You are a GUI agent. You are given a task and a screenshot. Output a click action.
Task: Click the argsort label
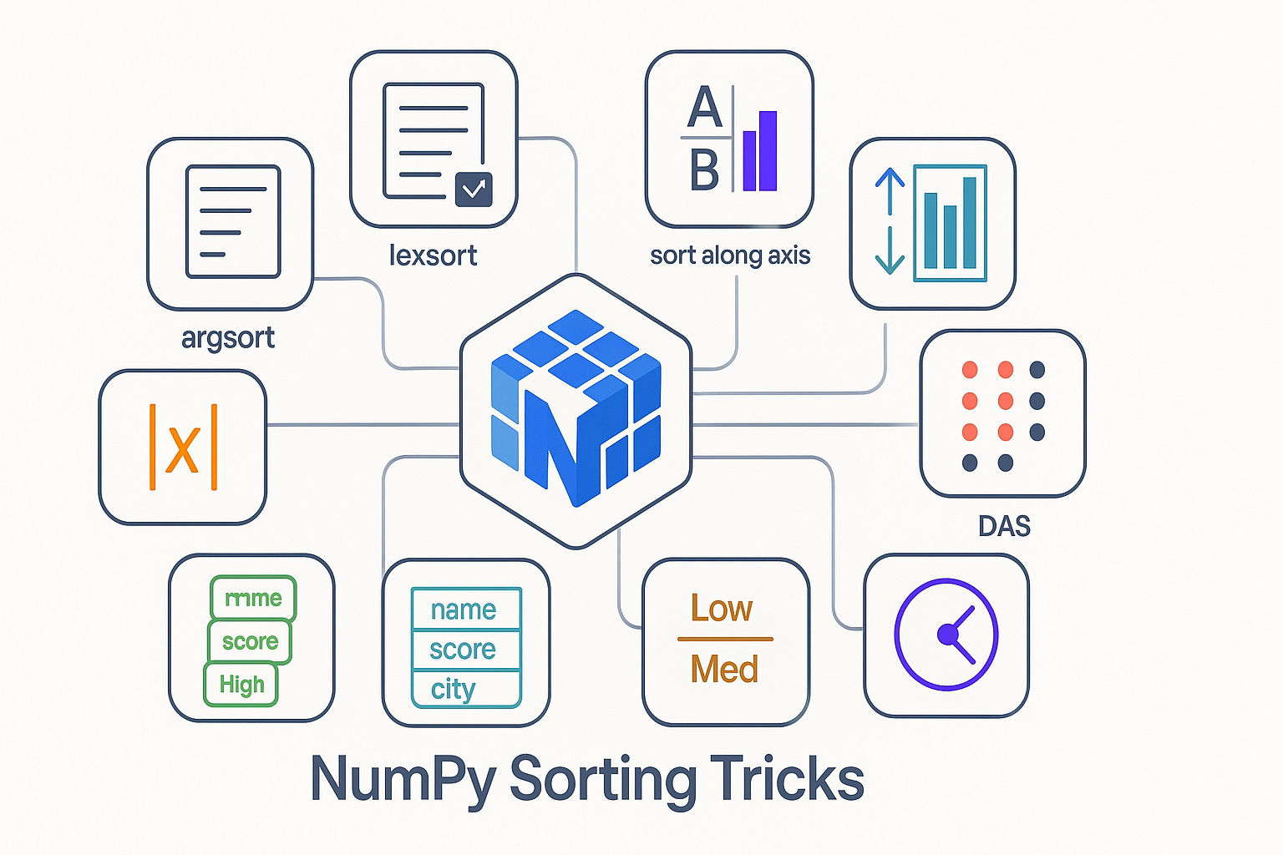(x=228, y=338)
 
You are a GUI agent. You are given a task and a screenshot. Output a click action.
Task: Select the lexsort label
(x=433, y=255)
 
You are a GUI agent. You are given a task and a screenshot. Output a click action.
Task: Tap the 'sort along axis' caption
(x=730, y=255)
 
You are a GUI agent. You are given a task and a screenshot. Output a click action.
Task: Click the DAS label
(x=1004, y=526)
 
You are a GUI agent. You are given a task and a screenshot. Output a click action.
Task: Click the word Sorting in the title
(x=603, y=780)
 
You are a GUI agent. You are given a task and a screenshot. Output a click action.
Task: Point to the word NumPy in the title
(x=403, y=780)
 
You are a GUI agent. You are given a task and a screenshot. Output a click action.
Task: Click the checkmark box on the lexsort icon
(x=474, y=190)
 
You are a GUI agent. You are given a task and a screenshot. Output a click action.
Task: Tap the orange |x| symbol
(x=183, y=448)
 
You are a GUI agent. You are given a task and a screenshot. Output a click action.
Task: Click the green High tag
(x=241, y=685)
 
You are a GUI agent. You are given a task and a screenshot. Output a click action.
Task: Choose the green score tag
(x=250, y=641)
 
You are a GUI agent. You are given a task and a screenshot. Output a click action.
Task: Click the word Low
(x=722, y=608)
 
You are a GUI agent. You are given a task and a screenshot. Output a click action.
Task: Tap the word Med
(x=724, y=670)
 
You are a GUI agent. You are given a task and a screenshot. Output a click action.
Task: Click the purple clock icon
(x=946, y=635)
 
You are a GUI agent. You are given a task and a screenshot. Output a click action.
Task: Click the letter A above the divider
(x=704, y=108)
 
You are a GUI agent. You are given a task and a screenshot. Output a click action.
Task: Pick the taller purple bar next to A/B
(x=767, y=151)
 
